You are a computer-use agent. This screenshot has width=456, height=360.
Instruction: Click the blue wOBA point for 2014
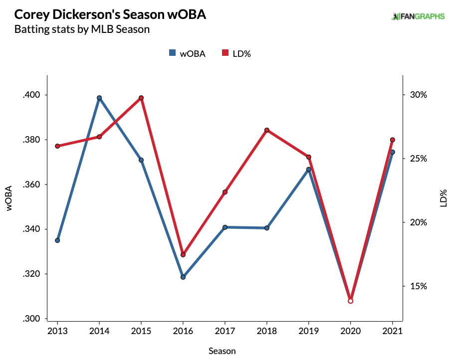(x=99, y=98)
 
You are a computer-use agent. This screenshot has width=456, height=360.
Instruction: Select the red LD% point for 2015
(x=141, y=98)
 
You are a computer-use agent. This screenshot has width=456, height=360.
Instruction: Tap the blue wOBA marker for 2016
(x=183, y=277)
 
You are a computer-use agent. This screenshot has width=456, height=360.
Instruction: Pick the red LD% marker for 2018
(x=267, y=130)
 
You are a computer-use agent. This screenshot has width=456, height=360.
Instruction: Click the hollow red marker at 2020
(x=350, y=301)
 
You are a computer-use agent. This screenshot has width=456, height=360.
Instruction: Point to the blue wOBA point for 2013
(x=57, y=240)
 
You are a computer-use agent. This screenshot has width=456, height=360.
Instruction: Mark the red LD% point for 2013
(x=57, y=146)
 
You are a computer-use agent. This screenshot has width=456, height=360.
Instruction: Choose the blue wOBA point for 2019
(x=309, y=170)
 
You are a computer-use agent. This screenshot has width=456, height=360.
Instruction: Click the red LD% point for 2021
(x=392, y=140)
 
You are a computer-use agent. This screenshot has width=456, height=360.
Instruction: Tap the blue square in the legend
(x=173, y=53)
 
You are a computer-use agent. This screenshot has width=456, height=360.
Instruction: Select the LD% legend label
(x=241, y=53)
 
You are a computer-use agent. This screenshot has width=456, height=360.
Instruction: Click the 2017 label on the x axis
(x=225, y=331)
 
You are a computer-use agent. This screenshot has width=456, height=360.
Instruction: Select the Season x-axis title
(x=222, y=351)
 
